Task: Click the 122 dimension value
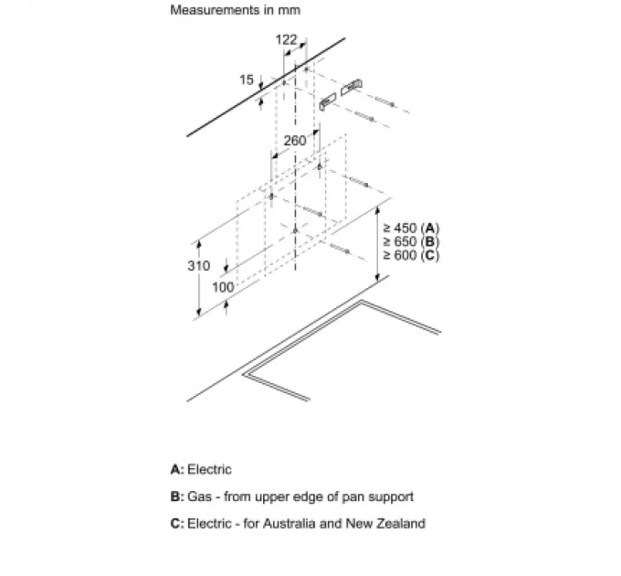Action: click(286, 39)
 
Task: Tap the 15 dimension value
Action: click(246, 80)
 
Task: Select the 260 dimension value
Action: click(294, 141)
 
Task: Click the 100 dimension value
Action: click(223, 287)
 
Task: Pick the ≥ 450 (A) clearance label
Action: click(411, 228)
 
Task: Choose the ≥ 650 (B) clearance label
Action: click(411, 241)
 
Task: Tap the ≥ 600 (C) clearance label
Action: click(411, 255)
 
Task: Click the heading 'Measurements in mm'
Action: click(235, 11)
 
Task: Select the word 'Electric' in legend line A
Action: click(210, 470)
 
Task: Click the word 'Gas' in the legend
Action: click(198, 496)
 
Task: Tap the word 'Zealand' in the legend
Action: click(401, 524)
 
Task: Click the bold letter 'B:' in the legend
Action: click(177, 496)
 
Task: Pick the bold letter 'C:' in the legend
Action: click(177, 524)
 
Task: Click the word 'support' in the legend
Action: click(392, 496)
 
